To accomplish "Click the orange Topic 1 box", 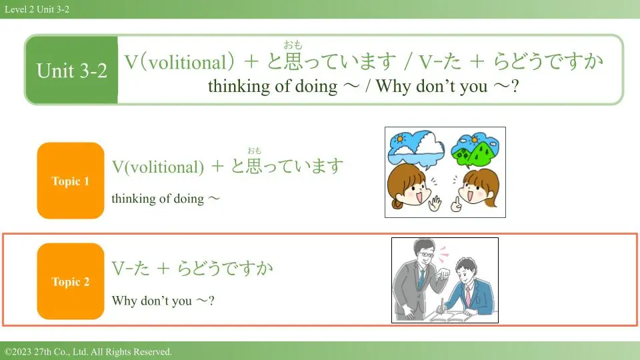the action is pyautogui.click(x=71, y=181).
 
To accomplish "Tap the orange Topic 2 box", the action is pyautogui.click(x=71, y=281).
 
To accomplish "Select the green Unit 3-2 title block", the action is pyautogui.click(x=72, y=70).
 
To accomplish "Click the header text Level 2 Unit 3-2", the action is pyautogui.click(x=37, y=9).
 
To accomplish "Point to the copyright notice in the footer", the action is pyautogui.click(x=88, y=351).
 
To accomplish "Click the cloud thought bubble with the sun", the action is pyautogui.click(x=416, y=149).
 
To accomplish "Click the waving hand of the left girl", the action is pyautogui.click(x=435, y=203).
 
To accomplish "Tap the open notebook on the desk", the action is pyautogui.click(x=449, y=316).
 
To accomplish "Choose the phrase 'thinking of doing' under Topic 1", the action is pyautogui.click(x=157, y=199).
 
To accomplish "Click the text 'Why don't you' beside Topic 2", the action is pyautogui.click(x=152, y=301).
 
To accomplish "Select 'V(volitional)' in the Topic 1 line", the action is pyautogui.click(x=158, y=167).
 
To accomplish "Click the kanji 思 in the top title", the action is pyautogui.click(x=293, y=61).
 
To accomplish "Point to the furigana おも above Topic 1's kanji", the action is pyautogui.click(x=254, y=151).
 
